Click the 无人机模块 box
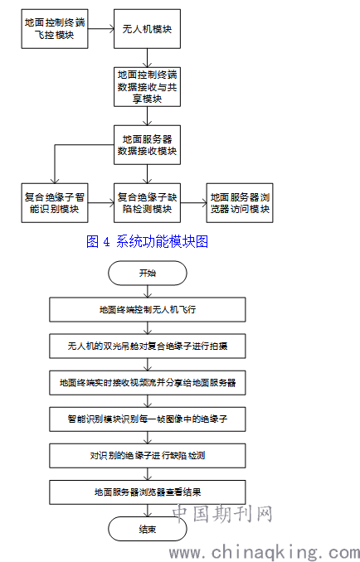[147, 29]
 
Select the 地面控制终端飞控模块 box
[55, 29]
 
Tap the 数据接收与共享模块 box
[147, 87]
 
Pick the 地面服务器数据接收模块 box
[147, 145]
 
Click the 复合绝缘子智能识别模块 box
[55, 203]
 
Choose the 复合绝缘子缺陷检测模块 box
[147, 203]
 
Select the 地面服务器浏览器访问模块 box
[240, 203]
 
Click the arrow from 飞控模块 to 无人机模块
[101, 29]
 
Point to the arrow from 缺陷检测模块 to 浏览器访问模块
[193, 203]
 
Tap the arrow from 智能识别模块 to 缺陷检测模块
[101, 203]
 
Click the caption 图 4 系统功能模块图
[147, 242]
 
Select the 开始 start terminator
[148, 273]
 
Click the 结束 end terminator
[148, 529]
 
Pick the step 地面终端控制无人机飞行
[148, 310]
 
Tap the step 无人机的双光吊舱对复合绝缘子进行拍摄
[148, 346]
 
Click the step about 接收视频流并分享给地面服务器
[148, 383]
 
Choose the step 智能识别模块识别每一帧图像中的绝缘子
[148, 419]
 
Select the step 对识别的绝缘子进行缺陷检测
[148, 456]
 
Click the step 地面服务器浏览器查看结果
[148, 492]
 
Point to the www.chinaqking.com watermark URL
[265, 553]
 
